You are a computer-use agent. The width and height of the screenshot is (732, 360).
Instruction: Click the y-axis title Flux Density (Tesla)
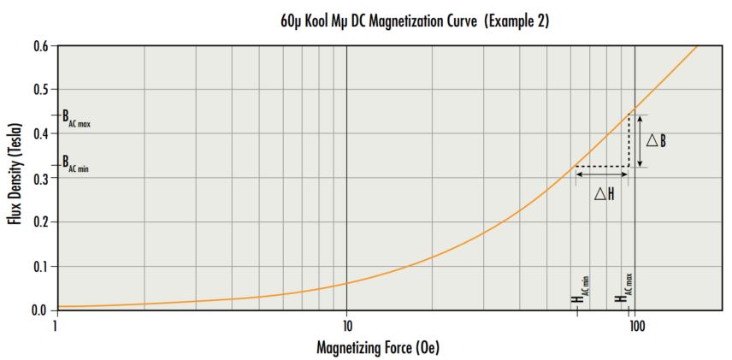point(15,177)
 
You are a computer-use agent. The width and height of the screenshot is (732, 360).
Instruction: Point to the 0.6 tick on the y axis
point(39,45)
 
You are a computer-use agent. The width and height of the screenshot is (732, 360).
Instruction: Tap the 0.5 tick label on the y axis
point(39,90)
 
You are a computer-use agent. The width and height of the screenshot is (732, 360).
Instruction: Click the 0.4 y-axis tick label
point(39,134)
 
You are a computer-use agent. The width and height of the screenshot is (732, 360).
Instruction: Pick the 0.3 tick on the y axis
point(39,178)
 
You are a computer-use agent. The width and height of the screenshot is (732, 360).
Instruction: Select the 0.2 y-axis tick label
point(39,222)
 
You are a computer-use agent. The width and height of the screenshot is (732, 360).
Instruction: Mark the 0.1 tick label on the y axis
point(39,267)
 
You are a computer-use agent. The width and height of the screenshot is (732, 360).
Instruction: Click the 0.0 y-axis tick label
point(39,310)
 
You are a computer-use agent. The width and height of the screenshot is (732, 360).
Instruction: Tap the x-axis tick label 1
point(56,325)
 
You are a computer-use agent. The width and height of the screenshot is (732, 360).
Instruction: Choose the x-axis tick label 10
point(346,325)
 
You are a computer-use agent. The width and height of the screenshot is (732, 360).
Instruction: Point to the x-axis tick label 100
point(635,325)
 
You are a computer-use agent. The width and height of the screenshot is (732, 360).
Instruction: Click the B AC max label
point(75,116)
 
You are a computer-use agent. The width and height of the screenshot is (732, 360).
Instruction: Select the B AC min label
point(74,163)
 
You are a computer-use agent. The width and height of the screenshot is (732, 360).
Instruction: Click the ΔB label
point(656,140)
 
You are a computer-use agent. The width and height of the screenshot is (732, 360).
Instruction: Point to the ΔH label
point(605,194)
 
